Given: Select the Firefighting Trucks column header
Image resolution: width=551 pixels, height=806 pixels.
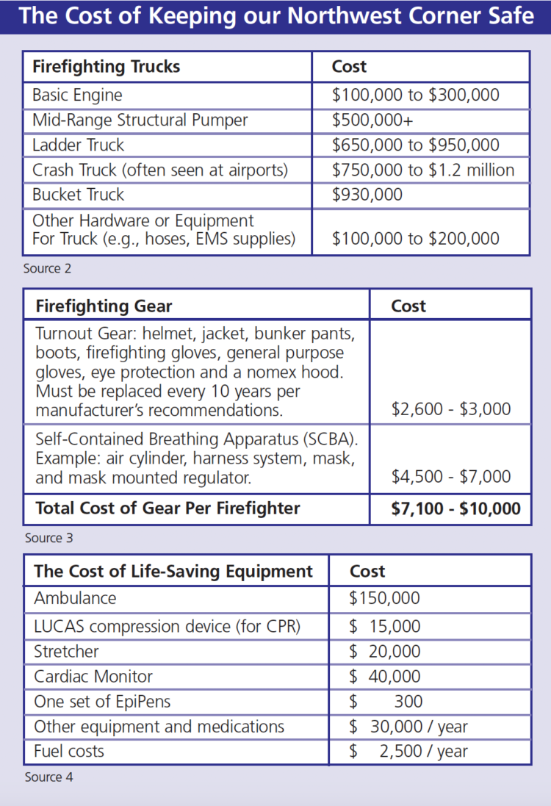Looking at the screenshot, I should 106,67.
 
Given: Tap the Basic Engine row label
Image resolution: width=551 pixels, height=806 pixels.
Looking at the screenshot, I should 77,95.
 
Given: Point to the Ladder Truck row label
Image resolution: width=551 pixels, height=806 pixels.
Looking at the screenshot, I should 79,145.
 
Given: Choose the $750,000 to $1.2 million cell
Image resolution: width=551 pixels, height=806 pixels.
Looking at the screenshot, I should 423,170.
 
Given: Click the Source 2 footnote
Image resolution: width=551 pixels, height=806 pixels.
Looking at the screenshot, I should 47,268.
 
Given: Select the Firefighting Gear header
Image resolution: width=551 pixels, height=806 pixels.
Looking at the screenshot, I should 104,306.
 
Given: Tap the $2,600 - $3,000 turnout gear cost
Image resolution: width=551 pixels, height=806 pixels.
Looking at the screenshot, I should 451,409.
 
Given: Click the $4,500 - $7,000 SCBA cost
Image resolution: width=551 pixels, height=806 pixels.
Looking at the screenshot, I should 451,477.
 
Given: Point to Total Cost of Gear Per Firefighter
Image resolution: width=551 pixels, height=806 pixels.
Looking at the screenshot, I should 168,508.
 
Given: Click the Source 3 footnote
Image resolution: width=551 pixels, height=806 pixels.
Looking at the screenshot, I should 48,538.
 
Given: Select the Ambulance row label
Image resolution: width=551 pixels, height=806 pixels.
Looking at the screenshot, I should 75,598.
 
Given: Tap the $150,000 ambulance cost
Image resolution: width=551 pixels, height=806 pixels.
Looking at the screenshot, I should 384,598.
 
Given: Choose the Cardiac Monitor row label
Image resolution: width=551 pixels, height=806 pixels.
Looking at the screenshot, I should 93,676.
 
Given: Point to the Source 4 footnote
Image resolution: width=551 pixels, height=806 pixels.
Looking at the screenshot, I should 48,777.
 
